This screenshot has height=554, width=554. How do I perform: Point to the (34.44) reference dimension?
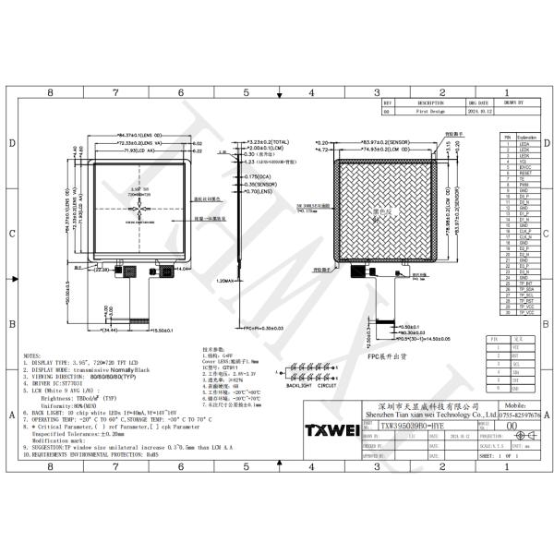(114, 330)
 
